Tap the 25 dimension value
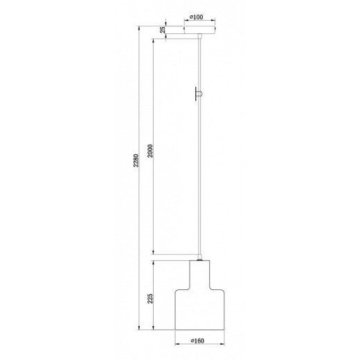coord(162,30)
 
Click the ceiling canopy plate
coord(200,29)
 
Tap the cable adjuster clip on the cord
coord(199,92)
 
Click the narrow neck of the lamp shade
coord(200,272)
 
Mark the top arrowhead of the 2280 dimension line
coord(141,28)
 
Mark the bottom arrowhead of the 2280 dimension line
coord(141,330)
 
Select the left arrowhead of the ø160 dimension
coord(174,348)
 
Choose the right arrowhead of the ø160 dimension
coord(226,348)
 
